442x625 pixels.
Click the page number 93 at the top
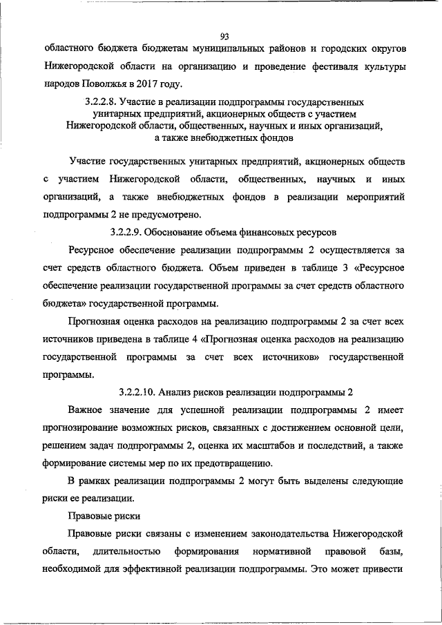tap(224, 37)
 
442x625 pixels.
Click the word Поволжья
tap(95, 85)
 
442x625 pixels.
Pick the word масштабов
tap(267, 445)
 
